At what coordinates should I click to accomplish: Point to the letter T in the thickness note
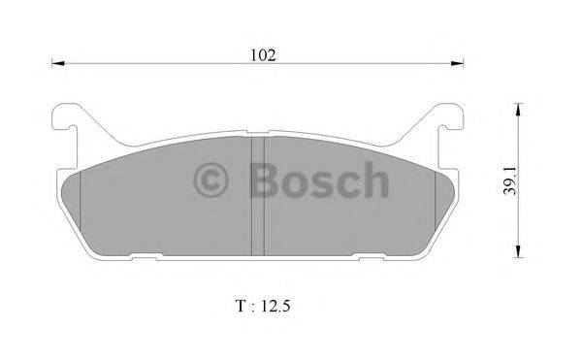[239, 306]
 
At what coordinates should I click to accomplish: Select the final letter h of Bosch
[374, 181]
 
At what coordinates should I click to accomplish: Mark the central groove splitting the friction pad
[259, 194]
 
